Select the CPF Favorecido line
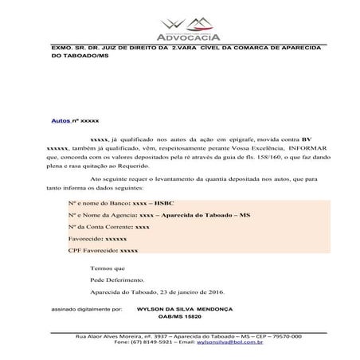[x=103, y=251]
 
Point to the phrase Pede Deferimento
[x=118, y=280]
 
